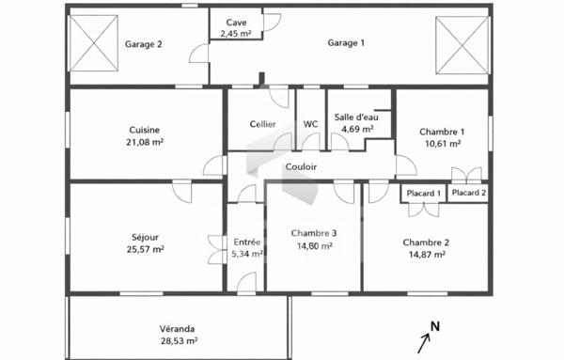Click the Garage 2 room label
[x=144, y=43]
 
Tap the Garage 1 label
[x=346, y=42]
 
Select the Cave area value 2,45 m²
[x=236, y=34]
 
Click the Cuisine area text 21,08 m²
[x=145, y=143]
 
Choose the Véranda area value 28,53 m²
[x=178, y=341]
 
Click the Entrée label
[x=246, y=242]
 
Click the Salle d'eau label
[x=357, y=117]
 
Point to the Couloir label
[x=301, y=166]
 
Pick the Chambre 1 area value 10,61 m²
[x=441, y=144]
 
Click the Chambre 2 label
[x=427, y=242]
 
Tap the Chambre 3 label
[x=314, y=234]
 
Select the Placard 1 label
[x=422, y=194]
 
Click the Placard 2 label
[x=469, y=193]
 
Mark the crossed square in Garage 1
[x=462, y=46]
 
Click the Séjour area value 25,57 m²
[x=145, y=249]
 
